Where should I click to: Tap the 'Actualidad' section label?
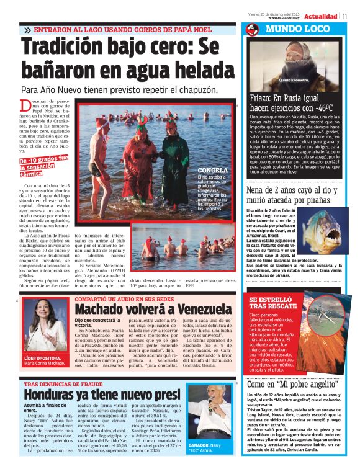click(320, 16)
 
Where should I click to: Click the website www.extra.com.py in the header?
click(285, 17)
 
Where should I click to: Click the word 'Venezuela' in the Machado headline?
click(198, 308)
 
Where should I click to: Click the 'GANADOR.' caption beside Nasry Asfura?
click(198, 445)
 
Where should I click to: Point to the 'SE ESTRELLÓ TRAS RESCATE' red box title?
click(274, 303)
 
